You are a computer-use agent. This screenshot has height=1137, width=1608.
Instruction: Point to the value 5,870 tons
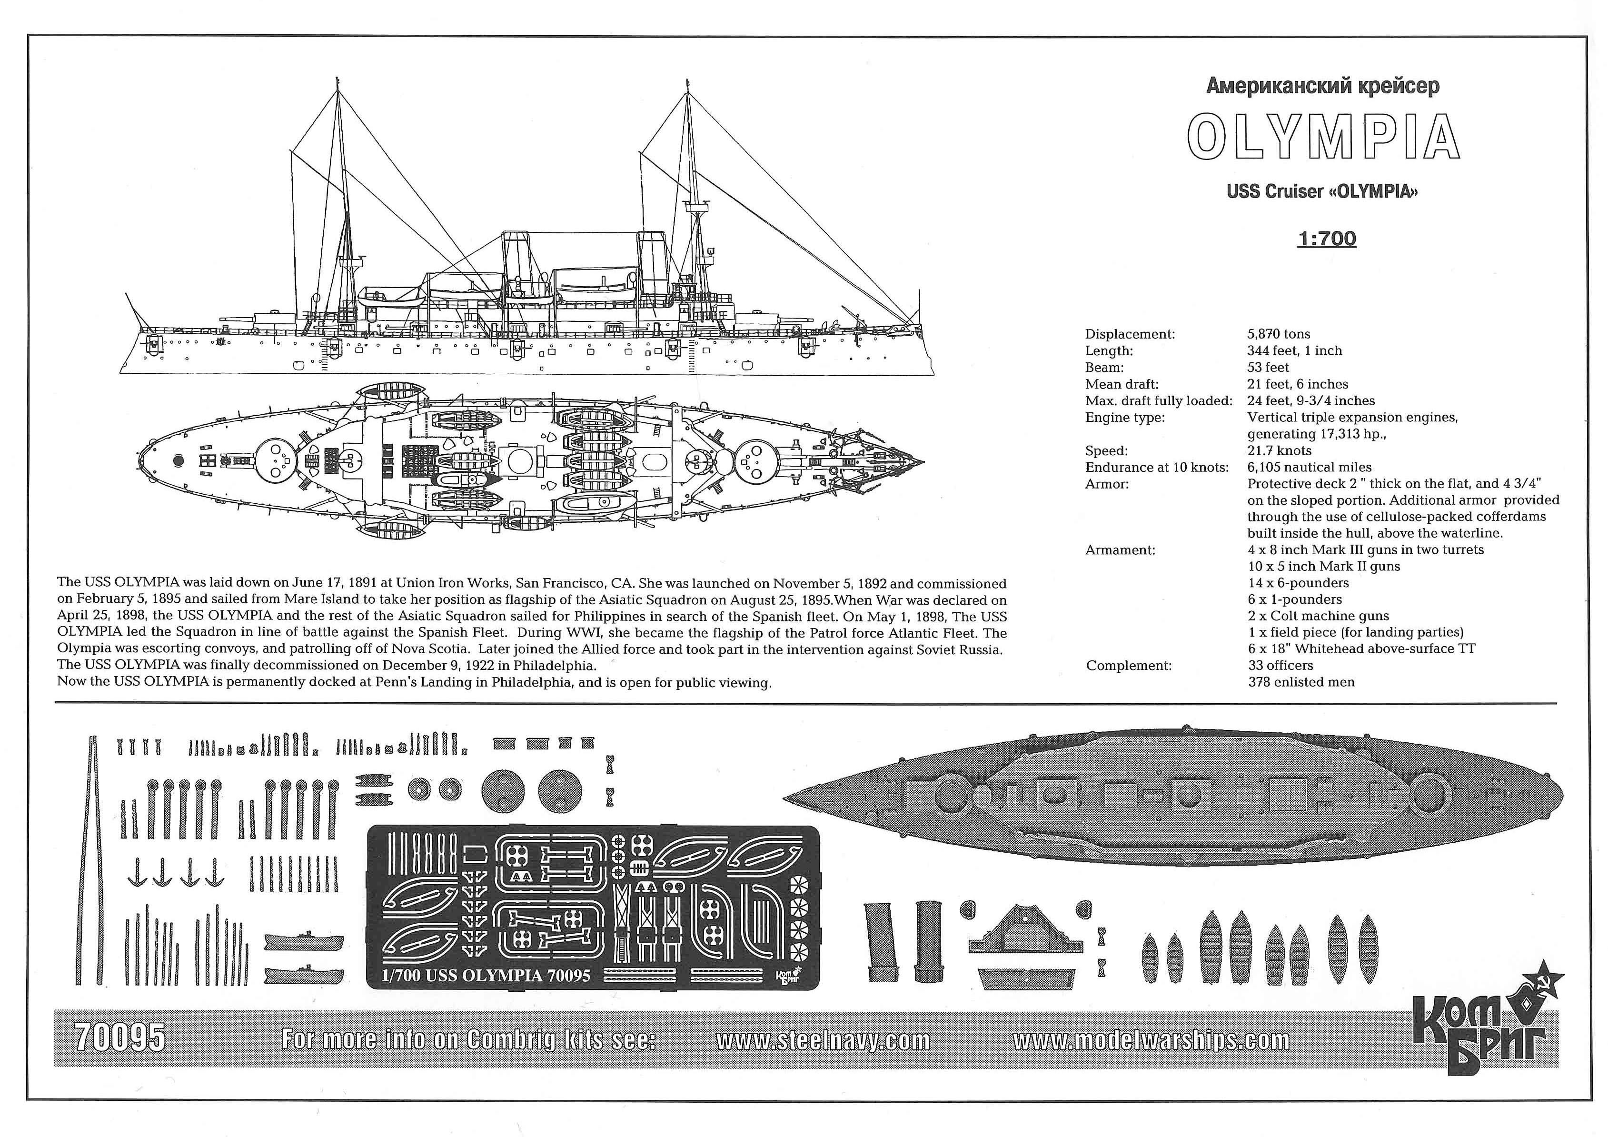click(1278, 334)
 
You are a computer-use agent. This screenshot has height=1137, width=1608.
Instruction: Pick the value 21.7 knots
click(1279, 450)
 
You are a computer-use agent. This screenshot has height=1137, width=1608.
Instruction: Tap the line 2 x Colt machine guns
click(1318, 616)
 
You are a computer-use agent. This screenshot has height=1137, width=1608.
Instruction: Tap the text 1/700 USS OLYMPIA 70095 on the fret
click(486, 975)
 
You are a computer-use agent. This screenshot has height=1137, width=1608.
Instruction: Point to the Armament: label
click(1120, 550)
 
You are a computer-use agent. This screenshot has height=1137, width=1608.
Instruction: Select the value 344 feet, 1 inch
click(1294, 351)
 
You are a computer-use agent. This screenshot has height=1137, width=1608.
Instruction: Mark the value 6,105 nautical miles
click(1309, 467)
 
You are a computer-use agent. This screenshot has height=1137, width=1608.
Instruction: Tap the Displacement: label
click(1130, 334)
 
